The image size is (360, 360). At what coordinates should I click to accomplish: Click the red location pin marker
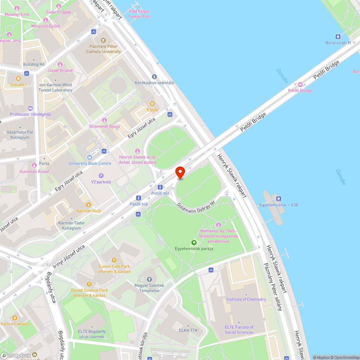(180, 172)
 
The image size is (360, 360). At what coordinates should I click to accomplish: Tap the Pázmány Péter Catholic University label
(103, 49)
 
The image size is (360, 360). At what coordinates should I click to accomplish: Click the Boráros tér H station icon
(338, 36)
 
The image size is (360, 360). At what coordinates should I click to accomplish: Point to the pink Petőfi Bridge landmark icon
(300, 85)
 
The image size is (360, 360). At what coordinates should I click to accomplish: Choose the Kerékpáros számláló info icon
(154, 77)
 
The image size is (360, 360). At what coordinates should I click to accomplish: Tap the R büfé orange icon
(152, 104)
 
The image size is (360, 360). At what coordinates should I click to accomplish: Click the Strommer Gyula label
(104, 126)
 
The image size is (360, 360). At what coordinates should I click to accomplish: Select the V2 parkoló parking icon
(101, 176)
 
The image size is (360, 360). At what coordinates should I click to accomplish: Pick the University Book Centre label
(90, 163)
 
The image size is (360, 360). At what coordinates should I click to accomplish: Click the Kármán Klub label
(89, 211)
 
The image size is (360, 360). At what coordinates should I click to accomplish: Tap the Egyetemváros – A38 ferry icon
(278, 199)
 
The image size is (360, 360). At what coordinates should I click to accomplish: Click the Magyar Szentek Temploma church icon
(149, 279)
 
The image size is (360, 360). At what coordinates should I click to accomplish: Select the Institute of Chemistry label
(246, 300)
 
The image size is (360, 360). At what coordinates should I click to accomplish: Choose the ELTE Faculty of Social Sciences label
(239, 330)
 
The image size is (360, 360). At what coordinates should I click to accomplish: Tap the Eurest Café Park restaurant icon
(114, 260)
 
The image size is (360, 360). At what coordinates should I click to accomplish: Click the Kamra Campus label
(15, 324)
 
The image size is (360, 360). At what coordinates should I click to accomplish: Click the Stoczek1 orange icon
(18, 78)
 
